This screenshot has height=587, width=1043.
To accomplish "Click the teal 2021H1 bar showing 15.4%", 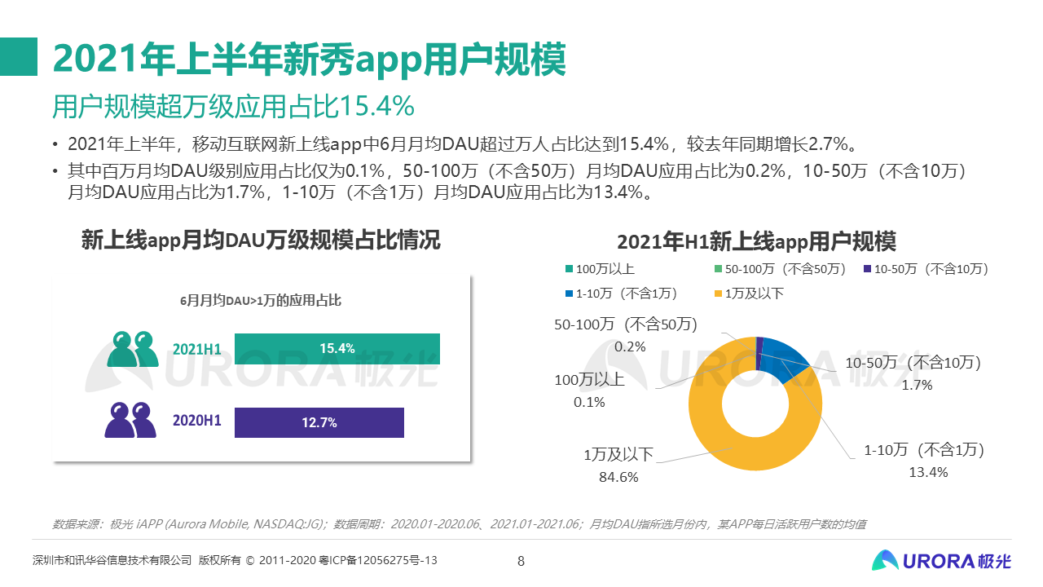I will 337,349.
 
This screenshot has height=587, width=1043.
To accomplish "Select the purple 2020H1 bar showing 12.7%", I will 319,422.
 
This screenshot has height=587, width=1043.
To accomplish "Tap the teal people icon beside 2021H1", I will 132,349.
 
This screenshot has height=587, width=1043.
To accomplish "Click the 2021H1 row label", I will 197,350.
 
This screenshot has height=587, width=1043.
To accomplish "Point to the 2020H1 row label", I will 197,421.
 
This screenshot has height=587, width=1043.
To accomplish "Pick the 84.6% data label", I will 618,477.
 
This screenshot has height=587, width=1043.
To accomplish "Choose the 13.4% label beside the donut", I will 928,472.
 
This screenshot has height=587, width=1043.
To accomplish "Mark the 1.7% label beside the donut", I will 917,385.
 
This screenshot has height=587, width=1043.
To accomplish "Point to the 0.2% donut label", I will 630,346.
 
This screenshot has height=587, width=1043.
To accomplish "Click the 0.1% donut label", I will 589,402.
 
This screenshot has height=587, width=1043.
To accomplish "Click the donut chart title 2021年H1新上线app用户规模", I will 756,242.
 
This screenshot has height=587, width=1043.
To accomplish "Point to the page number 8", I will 521,561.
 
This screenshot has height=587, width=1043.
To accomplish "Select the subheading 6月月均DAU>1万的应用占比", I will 261,300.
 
